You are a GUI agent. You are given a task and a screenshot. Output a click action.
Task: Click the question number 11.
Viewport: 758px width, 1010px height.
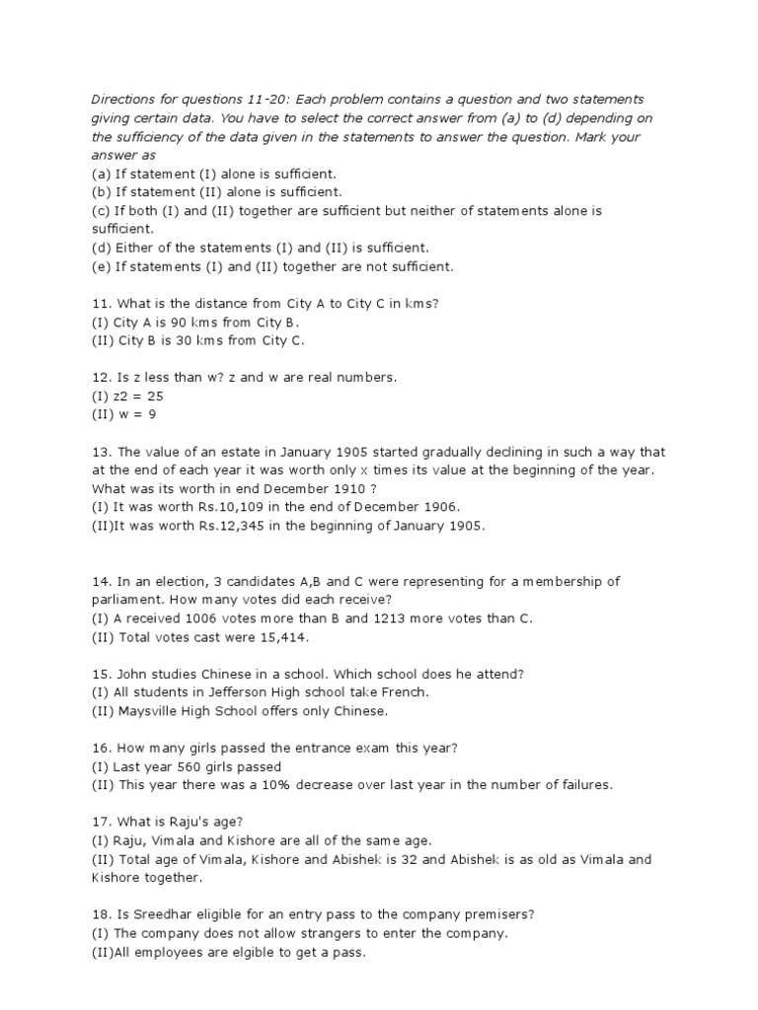tap(99, 304)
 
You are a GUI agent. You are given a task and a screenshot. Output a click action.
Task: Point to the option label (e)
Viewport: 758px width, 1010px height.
tap(101, 266)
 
